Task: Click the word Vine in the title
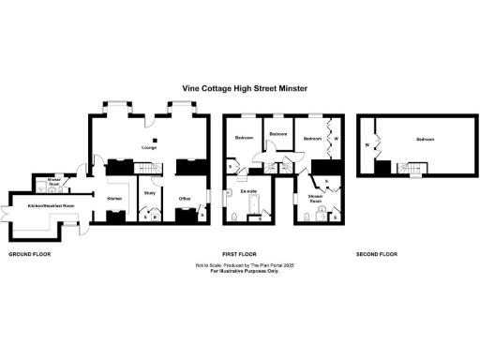190,90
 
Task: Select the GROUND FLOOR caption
28,255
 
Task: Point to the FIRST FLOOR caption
239,255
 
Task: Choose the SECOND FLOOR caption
376,255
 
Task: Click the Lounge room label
148,148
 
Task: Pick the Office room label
185,197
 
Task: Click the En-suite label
248,192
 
